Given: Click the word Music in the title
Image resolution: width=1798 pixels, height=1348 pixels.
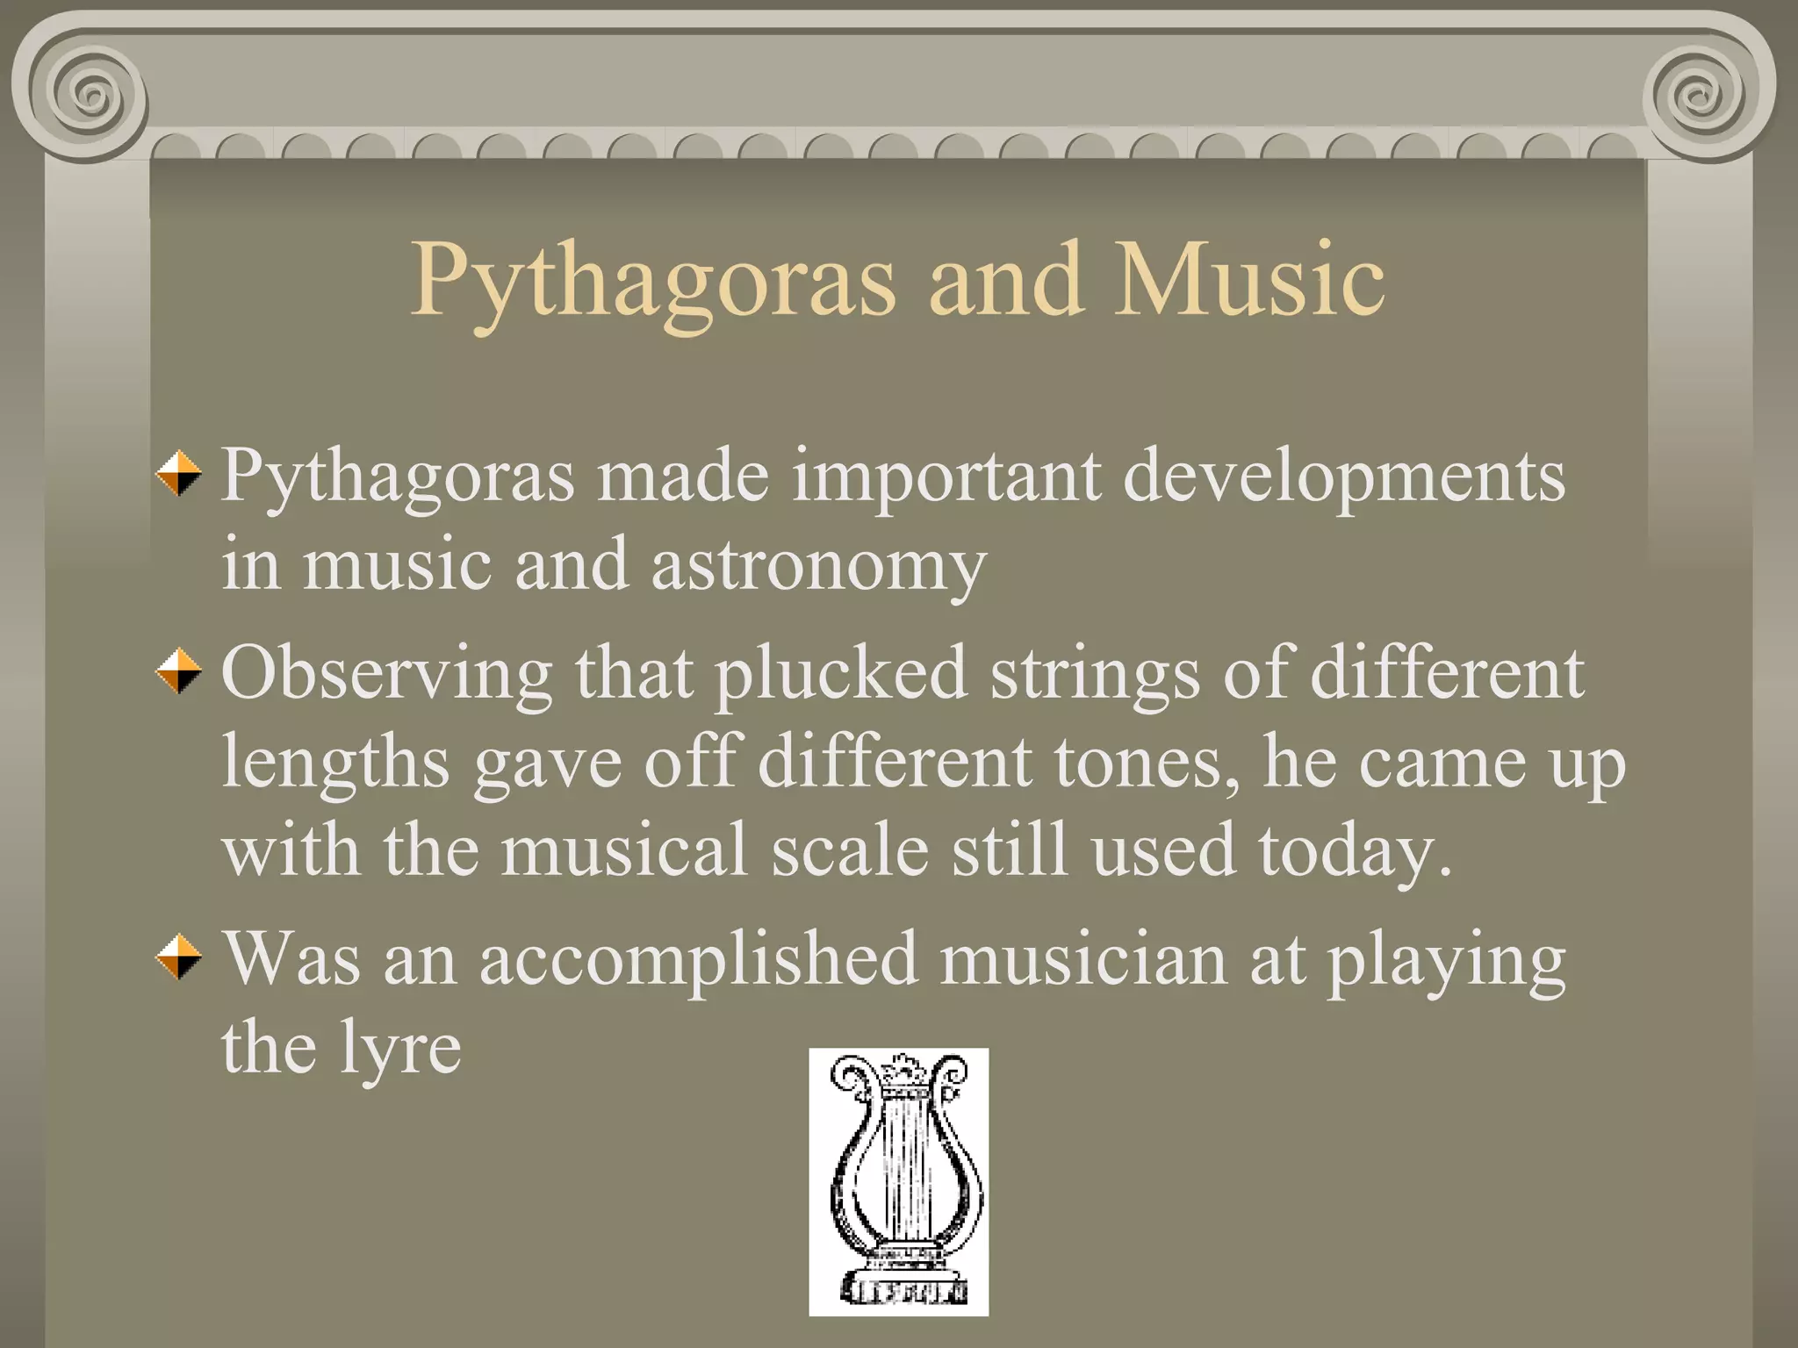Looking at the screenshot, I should tap(1250, 279).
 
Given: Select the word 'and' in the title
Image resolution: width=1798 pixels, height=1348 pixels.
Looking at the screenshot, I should tap(1005, 279).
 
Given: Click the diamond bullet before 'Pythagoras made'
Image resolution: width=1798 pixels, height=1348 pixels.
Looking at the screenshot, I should tap(179, 474).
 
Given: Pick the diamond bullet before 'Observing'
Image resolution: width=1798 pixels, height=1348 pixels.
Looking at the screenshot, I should tap(179, 671).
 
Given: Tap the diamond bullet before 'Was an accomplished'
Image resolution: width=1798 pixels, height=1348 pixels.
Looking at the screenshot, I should tap(179, 957).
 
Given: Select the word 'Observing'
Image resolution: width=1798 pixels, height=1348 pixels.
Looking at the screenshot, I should tap(387, 674).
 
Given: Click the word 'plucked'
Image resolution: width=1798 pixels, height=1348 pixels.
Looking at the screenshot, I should tap(840, 674).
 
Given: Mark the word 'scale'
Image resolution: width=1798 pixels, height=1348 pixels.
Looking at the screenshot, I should tap(849, 850).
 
